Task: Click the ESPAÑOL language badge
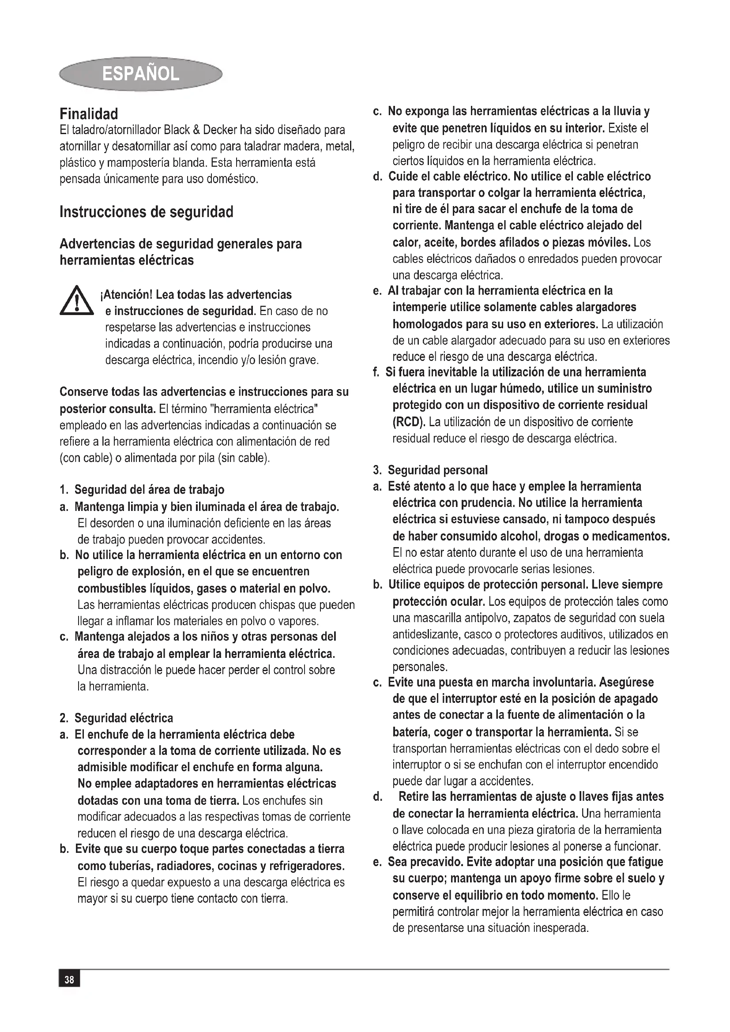click(141, 74)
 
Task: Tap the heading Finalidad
click(89, 114)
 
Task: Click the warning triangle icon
click(77, 301)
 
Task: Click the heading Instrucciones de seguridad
click(147, 212)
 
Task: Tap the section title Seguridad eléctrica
click(124, 718)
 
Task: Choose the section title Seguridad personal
click(437, 470)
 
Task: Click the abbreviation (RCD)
click(409, 422)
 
